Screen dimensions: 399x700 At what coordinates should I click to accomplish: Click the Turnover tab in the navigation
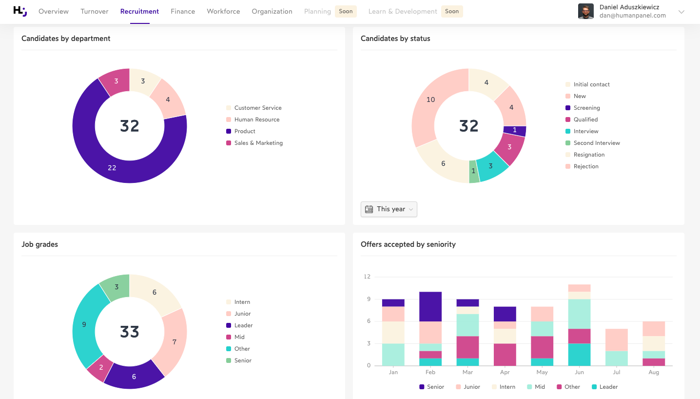pyautogui.click(x=95, y=11)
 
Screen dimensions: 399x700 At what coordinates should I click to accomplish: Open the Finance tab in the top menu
pyautogui.click(x=183, y=11)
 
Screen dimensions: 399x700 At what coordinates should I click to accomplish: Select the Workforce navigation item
pyautogui.click(x=223, y=11)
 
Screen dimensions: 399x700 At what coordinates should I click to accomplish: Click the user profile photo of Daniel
pyautogui.click(x=585, y=11)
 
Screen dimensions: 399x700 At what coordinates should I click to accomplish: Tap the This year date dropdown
pyautogui.click(x=389, y=209)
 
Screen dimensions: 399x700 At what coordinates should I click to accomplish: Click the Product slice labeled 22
pyautogui.click(x=112, y=167)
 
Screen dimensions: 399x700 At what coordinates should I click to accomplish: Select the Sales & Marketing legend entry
pyautogui.click(x=258, y=143)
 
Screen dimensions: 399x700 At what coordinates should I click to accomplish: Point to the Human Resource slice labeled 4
pyautogui.click(x=168, y=100)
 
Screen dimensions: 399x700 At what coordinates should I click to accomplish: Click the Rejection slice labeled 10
pyautogui.click(x=430, y=100)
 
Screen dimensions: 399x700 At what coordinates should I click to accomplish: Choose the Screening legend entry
pyautogui.click(x=586, y=108)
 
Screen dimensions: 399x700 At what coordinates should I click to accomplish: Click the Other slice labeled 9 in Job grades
pyautogui.click(x=84, y=324)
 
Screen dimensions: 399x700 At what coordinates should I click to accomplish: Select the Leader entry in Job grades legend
pyautogui.click(x=243, y=325)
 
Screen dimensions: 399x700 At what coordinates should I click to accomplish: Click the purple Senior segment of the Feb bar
pyautogui.click(x=430, y=306)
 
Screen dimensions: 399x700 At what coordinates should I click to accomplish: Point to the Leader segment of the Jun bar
pyautogui.click(x=579, y=355)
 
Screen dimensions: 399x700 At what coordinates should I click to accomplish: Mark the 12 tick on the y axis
pyautogui.click(x=367, y=277)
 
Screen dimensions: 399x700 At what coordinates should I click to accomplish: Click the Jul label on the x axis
pyautogui.click(x=617, y=372)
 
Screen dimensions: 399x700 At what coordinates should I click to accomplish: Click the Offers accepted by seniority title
pyautogui.click(x=408, y=244)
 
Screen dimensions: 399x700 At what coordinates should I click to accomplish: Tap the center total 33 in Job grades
pyautogui.click(x=130, y=332)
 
